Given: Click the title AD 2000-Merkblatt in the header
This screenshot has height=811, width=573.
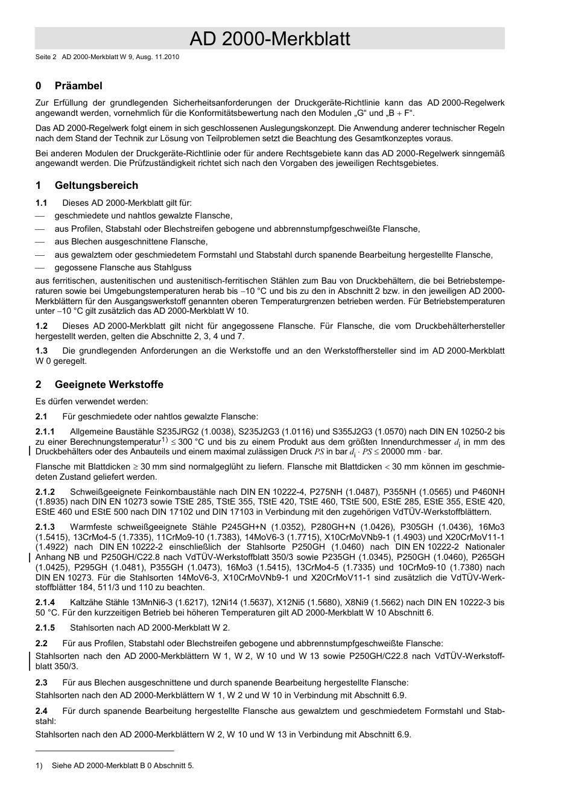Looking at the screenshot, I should point(270,39).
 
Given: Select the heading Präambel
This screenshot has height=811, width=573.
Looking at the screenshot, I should point(78,86).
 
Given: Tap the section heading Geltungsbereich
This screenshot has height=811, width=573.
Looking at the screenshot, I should point(96,185).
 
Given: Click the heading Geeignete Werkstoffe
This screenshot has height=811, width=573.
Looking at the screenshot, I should point(109,384).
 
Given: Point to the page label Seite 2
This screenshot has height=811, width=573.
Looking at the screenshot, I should point(45,57).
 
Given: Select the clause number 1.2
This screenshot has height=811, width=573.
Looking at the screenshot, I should point(42,326).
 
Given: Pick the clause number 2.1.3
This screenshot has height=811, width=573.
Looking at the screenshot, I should point(45,527).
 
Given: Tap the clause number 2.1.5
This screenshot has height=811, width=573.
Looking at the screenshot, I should point(45,628).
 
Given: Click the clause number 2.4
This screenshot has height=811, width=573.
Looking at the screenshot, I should point(42,711).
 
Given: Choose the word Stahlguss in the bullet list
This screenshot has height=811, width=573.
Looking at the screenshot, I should point(174,267).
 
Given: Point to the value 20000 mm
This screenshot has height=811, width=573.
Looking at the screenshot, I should point(403,452).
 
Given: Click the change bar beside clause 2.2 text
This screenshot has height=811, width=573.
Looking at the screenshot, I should point(31,661).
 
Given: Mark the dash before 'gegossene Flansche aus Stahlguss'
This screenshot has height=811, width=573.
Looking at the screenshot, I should point(40,267).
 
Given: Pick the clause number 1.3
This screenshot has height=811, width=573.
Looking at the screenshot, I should point(42,351).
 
